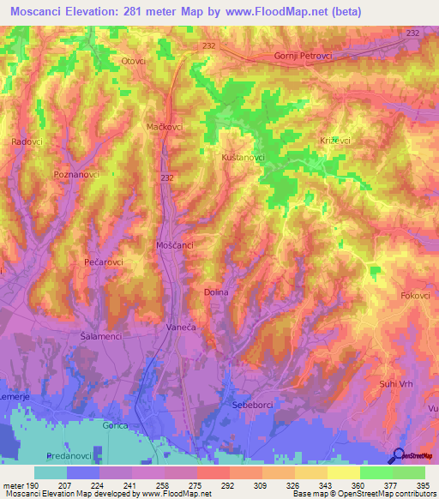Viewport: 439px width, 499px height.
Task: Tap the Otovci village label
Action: [x=133, y=61]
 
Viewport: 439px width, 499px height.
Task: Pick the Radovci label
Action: [x=31, y=142]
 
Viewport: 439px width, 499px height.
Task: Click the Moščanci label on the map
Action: [x=176, y=246]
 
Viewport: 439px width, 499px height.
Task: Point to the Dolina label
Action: [x=216, y=292]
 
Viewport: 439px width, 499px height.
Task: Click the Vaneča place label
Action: [x=180, y=328]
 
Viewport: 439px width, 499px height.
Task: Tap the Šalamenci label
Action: [x=100, y=337]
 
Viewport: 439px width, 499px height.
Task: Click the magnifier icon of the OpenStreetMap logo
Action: [x=398, y=456]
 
